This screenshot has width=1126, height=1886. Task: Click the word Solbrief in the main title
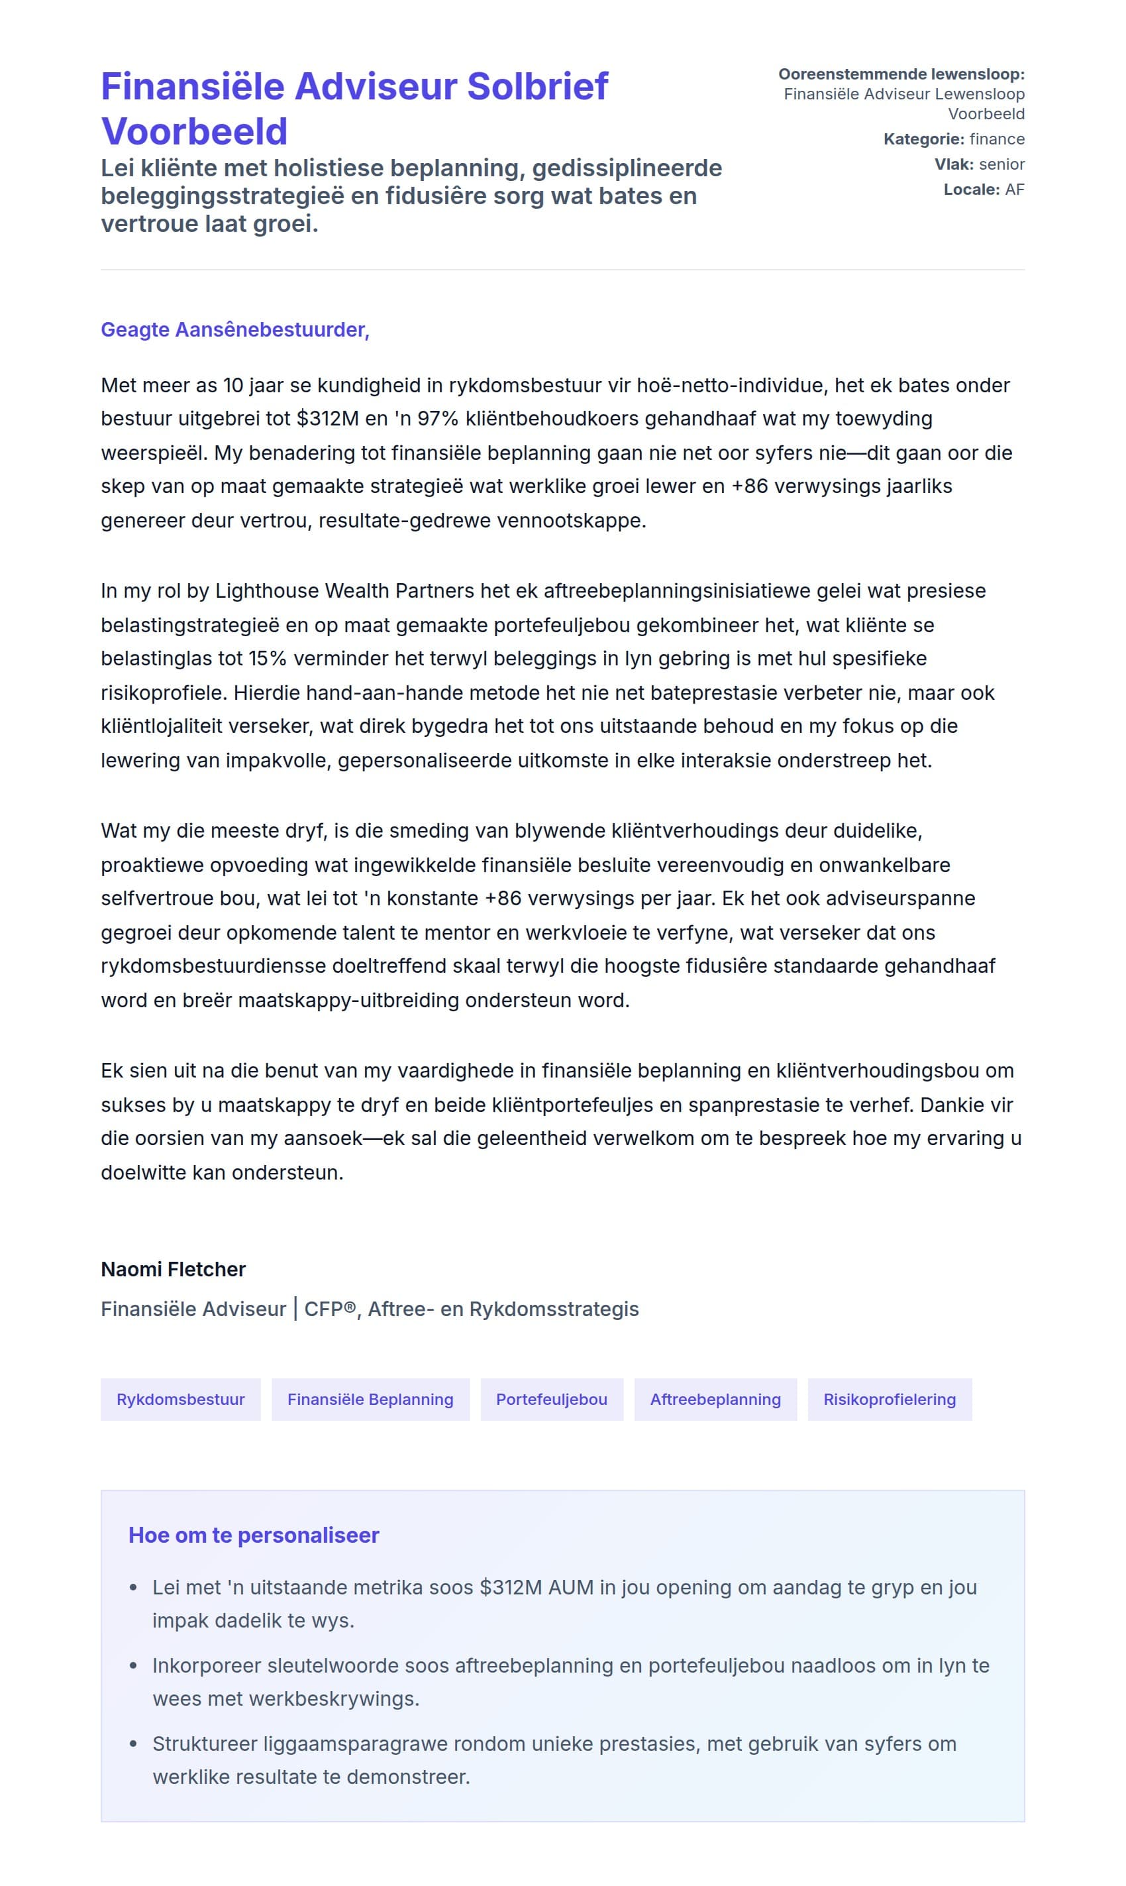click(537, 87)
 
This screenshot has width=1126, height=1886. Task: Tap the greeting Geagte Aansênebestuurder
click(235, 329)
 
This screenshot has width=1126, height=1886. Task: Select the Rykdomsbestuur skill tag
click(181, 1399)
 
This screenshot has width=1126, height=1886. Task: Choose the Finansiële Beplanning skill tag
click(370, 1399)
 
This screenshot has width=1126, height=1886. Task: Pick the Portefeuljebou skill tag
click(552, 1399)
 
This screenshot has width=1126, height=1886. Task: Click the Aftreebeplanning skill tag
click(715, 1399)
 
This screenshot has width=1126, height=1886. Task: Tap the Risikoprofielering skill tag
click(890, 1399)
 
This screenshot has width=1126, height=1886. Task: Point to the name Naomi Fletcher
click(173, 1269)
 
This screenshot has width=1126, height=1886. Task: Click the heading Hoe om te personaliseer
click(254, 1535)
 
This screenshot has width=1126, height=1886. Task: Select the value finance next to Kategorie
click(996, 139)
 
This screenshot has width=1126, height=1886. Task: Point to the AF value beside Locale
click(1015, 189)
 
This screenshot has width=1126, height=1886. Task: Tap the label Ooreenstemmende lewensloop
click(901, 74)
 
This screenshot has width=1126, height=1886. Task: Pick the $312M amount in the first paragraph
click(328, 418)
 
